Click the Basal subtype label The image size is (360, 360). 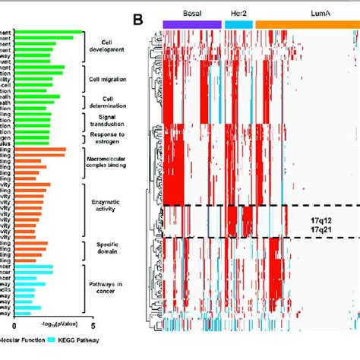192,14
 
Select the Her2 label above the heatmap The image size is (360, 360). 238,14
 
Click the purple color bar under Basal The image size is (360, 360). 192,25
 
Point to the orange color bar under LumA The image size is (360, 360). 308,25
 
